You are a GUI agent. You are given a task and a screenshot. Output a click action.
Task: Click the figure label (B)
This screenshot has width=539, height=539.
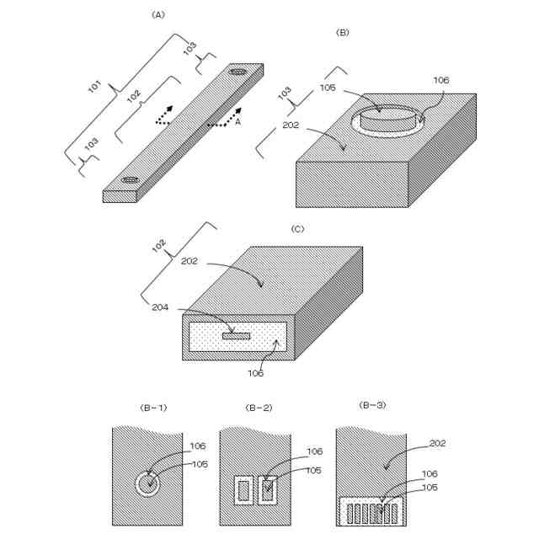click(x=343, y=33)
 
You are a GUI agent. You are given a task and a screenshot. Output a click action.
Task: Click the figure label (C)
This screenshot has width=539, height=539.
click(x=296, y=228)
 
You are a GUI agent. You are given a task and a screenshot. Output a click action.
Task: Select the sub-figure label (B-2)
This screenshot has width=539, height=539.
click(x=256, y=408)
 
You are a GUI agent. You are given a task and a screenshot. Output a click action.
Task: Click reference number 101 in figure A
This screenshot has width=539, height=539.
click(x=95, y=88)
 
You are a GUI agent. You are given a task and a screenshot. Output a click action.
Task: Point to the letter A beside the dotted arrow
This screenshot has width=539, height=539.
click(x=237, y=122)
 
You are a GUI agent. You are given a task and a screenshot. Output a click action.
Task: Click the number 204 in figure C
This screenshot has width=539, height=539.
click(x=160, y=307)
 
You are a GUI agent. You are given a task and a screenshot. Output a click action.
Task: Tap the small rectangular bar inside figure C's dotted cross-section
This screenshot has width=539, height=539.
click(x=237, y=336)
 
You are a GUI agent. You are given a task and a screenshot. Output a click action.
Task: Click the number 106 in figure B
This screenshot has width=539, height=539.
click(x=441, y=81)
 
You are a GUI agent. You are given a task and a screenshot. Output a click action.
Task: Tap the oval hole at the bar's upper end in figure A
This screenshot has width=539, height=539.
click(x=238, y=72)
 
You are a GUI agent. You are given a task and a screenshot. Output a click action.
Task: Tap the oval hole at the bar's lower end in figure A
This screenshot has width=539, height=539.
click(x=131, y=179)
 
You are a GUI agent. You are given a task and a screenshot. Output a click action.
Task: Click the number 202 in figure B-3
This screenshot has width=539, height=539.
click(x=437, y=443)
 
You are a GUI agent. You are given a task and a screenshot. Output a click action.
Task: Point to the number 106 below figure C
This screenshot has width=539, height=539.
click(x=255, y=373)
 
